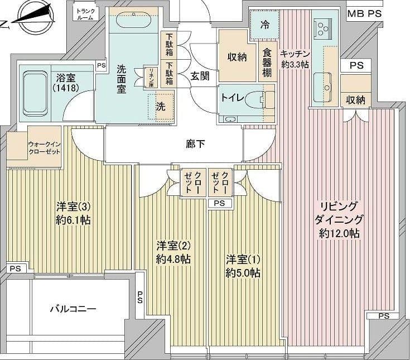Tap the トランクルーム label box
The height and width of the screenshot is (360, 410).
point(85,13)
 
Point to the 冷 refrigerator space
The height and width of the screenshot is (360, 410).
point(264,25)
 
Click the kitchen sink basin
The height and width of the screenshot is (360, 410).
point(322,88)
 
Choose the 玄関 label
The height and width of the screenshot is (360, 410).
point(200,76)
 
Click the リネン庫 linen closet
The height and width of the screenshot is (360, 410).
point(152,78)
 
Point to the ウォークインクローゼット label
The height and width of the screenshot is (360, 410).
point(44,148)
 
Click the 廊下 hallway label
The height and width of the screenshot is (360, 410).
point(196,144)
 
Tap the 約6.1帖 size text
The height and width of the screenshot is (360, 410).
point(73,220)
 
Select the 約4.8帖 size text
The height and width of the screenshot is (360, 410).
point(173,259)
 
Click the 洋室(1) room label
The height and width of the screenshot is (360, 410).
point(243,260)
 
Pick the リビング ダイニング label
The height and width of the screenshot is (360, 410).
point(339,213)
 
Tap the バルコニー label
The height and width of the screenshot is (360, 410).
point(73,309)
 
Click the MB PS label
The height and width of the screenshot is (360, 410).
point(364,13)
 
